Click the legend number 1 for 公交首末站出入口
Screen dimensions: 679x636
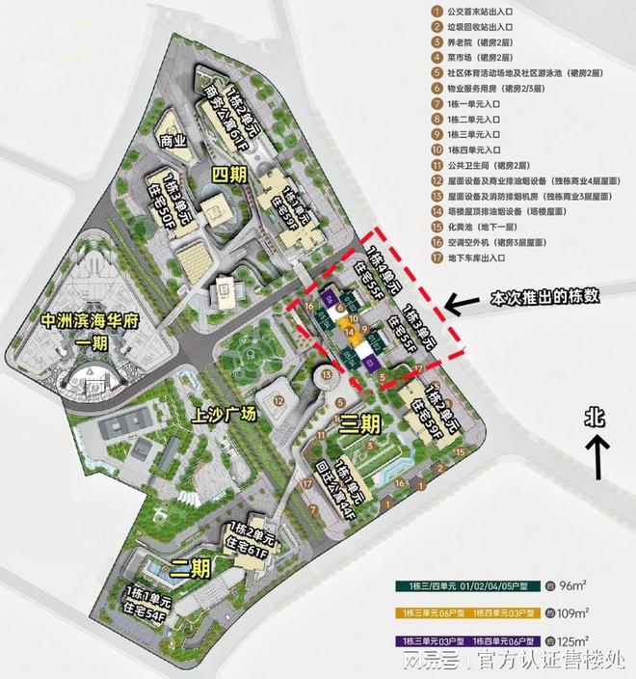pyautogui.click(x=437, y=14)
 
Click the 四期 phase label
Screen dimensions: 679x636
pyautogui.click(x=234, y=174)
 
